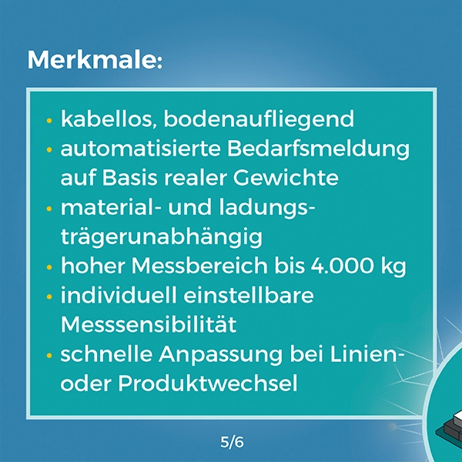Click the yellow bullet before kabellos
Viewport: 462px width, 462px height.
(x=49, y=121)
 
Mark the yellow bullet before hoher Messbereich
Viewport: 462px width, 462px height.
(x=49, y=268)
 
